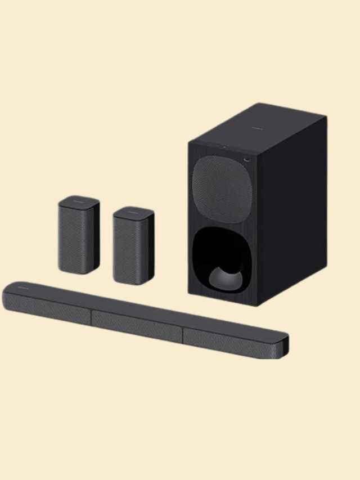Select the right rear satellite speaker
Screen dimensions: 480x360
[x=133, y=246]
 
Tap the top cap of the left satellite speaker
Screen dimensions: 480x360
[x=79, y=201]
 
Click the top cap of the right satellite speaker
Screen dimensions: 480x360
[x=133, y=212]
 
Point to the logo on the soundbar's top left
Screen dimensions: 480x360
[x=22, y=287]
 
